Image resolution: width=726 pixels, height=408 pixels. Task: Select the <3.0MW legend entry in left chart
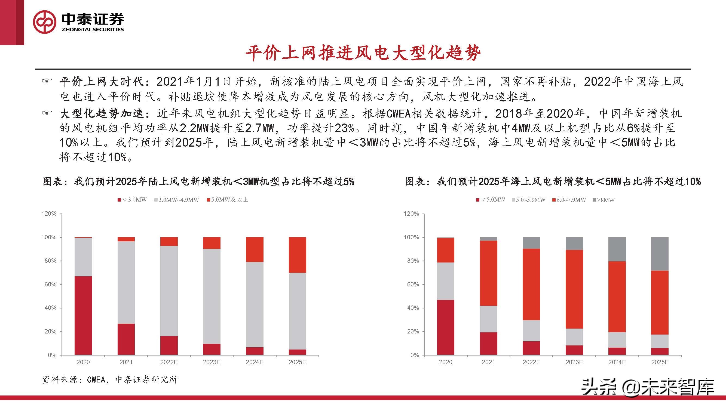click(133, 200)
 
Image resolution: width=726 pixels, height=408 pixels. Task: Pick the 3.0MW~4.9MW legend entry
click(177, 200)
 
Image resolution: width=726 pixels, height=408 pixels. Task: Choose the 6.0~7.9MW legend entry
click(569, 200)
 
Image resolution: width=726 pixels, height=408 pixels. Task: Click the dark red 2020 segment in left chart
click(83, 315)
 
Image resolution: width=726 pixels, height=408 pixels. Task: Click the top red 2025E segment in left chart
click(297, 255)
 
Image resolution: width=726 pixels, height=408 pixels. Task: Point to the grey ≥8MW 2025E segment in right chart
click(660, 254)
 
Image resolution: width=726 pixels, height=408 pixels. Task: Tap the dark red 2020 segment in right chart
click(446, 327)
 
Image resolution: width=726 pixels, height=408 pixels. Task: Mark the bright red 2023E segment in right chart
click(574, 289)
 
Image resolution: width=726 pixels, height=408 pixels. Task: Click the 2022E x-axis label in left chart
click(169, 362)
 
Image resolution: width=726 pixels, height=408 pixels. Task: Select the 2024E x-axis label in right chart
click(617, 362)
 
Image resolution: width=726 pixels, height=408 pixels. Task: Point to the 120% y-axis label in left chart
click(49, 214)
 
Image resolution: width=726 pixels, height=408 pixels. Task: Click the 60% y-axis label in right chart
click(413, 285)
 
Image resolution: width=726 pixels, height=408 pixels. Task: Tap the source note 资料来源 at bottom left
click(110, 380)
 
